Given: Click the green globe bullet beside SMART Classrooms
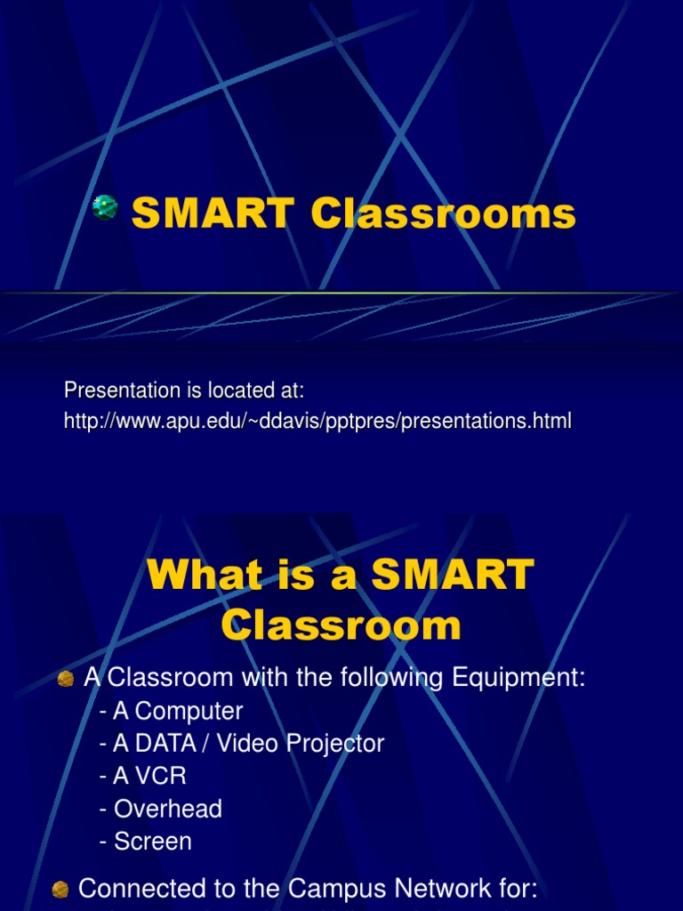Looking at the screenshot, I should [105, 207].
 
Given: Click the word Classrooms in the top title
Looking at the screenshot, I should [443, 214].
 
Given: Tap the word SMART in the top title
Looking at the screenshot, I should [212, 214].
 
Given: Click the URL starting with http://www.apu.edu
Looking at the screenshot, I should [317, 421].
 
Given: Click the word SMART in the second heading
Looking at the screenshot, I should [453, 576].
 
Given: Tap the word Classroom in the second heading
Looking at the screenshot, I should [341, 625].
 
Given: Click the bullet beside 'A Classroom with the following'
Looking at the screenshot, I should [65, 679].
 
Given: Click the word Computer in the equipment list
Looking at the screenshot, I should [189, 712].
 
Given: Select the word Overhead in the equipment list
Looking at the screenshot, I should [168, 809].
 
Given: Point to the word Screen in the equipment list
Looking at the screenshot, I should [153, 842].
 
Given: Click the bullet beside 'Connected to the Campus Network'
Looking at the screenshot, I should [60, 889].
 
